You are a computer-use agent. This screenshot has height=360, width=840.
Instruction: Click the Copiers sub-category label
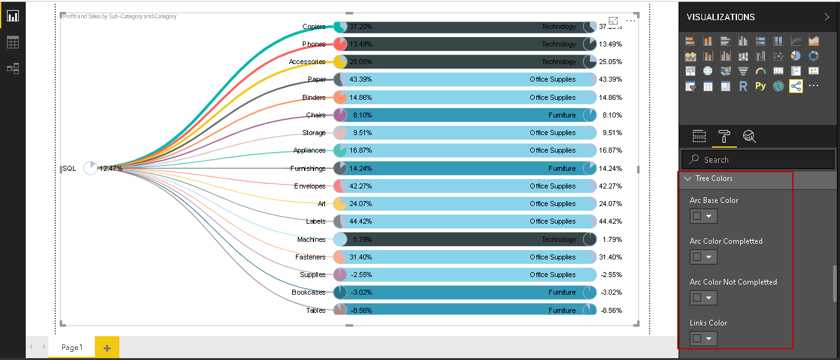click(x=314, y=26)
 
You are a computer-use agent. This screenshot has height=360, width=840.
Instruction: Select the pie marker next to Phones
click(x=340, y=44)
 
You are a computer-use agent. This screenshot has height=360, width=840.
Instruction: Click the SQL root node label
click(x=69, y=168)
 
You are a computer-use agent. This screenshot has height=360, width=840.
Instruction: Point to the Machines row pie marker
click(x=340, y=239)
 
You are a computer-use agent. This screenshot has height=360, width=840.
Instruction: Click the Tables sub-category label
click(x=315, y=310)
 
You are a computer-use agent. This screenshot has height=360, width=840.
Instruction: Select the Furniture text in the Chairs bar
click(x=562, y=115)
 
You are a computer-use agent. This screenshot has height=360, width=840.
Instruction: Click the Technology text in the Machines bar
click(x=559, y=239)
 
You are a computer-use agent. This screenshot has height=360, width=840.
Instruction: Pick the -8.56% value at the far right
click(x=610, y=310)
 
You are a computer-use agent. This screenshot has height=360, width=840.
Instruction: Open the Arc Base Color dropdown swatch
click(x=703, y=216)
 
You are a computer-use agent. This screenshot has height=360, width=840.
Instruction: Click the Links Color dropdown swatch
click(x=703, y=339)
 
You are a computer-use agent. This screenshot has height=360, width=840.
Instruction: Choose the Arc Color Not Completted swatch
click(x=703, y=298)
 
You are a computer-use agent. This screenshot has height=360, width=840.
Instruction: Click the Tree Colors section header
click(x=714, y=178)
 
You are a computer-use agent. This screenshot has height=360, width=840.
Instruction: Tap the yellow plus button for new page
click(x=107, y=347)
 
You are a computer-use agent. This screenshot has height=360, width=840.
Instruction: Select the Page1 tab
click(x=72, y=347)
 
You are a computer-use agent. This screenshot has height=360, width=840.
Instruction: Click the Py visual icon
click(x=760, y=86)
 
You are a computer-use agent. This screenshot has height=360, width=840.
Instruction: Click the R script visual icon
click(x=743, y=87)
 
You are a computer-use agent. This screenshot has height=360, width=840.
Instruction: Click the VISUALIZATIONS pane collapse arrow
click(x=827, y=17)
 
